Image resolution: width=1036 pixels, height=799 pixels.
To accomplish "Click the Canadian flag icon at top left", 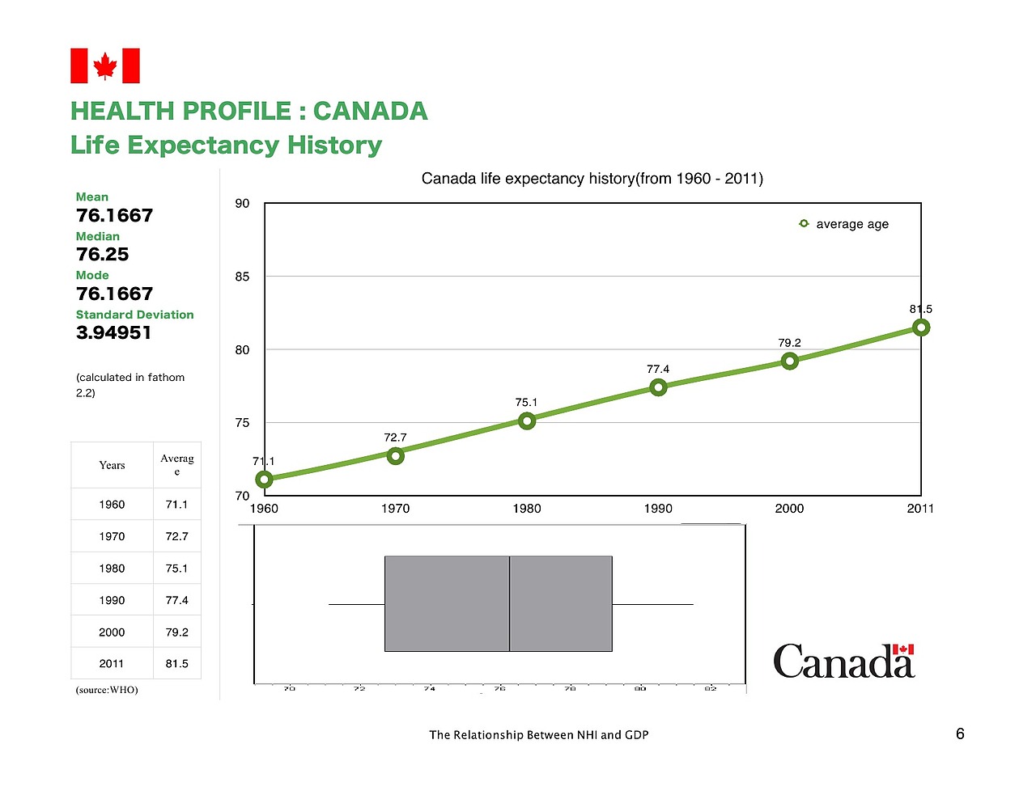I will (105, 66).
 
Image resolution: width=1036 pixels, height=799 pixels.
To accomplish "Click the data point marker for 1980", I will (527, 421).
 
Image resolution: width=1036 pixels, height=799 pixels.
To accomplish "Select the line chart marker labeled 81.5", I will (920, 328).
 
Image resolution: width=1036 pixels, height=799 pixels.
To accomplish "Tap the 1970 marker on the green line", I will (395, 456).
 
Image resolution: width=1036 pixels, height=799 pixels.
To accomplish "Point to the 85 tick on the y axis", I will (242, 277).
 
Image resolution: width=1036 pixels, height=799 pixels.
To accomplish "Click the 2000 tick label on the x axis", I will (789, 509).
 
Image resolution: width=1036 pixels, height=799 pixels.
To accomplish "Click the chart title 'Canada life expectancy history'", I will (592, 179).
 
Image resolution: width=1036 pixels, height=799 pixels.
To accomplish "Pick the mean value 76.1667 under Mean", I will (114, 216).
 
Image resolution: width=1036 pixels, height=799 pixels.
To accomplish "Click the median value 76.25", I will (103, 255).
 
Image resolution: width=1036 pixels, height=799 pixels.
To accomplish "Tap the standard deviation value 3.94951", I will (113, 333).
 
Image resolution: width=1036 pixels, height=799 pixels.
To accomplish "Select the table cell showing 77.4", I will (176, 600).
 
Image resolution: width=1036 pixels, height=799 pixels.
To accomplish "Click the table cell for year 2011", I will (112, 664).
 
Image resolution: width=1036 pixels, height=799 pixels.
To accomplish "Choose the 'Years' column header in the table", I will (112, 465).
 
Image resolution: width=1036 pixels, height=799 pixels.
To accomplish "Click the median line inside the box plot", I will (509, 603).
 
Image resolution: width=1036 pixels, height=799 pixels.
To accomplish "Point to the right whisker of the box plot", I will (652, 604).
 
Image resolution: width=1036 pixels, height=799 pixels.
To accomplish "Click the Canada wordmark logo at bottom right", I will (843, 662).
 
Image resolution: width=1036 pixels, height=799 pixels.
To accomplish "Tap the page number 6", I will (960, 733).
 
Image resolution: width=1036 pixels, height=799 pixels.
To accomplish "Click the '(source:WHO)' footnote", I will (107, 690).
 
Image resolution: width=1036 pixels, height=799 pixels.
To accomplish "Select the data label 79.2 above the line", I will (789, 343).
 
